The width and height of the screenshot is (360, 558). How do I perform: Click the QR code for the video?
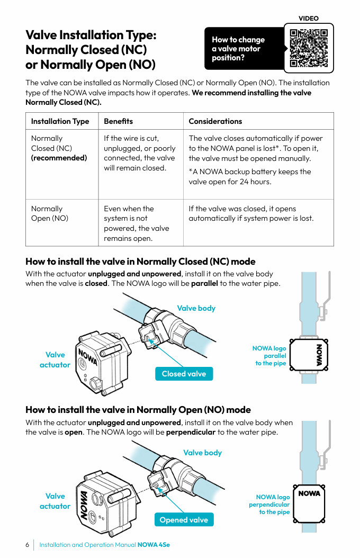(x=309, y=48)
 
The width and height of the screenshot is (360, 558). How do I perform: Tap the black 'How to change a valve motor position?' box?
(x=242, y=49)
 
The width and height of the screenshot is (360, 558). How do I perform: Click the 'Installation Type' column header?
(x=60, y=121)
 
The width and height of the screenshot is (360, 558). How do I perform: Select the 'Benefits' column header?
(x=118, y=121)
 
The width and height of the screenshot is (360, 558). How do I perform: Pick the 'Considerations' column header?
(x=215, y=121)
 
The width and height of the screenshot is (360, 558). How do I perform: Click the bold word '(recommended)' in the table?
(x=59, y=158)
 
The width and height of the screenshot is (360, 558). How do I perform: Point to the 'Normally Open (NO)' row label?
(x=49, y=213)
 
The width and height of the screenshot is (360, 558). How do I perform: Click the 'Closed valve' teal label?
(x=184, y=374)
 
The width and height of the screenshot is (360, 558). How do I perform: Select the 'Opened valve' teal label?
(x=184, y=520)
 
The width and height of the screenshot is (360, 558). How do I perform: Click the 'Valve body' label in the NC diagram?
(x=196, y=308)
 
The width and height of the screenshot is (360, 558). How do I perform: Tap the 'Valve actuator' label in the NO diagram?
(x=55, y=501)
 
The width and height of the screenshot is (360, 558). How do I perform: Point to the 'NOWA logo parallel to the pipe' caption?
(x=270, y=356)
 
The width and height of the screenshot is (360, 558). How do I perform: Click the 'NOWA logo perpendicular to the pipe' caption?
(x=269, y=505)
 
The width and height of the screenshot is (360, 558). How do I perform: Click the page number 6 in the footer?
(x=27, y=545)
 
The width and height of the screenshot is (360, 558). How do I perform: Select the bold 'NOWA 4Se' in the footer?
(x=154, y=545)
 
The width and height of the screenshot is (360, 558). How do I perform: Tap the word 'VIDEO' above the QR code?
(x=309, y=19)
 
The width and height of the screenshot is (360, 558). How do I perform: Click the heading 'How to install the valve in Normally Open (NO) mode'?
(x=138, y=410)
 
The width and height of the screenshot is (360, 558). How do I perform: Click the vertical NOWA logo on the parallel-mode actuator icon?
(x=319, y=354)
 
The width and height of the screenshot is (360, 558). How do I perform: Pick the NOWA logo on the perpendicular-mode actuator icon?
(x=309, y=493)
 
